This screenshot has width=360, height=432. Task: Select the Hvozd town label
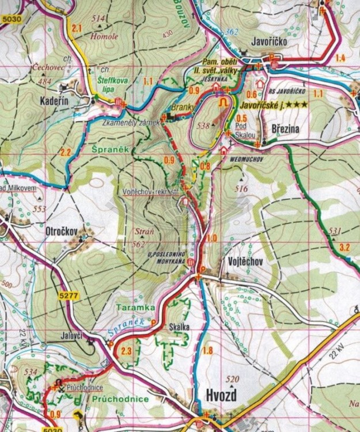tap(222, 395)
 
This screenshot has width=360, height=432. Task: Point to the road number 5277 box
tap(67, 296)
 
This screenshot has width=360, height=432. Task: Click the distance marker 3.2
tap(345, 248)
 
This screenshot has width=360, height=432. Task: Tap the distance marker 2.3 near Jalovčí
tap(127, 351)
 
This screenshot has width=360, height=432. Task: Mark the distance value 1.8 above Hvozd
tap(208, 350)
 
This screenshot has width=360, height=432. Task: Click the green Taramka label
tap(135, 308)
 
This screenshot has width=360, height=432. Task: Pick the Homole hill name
tap(104, 36)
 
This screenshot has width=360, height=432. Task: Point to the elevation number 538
tap(202, 126)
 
